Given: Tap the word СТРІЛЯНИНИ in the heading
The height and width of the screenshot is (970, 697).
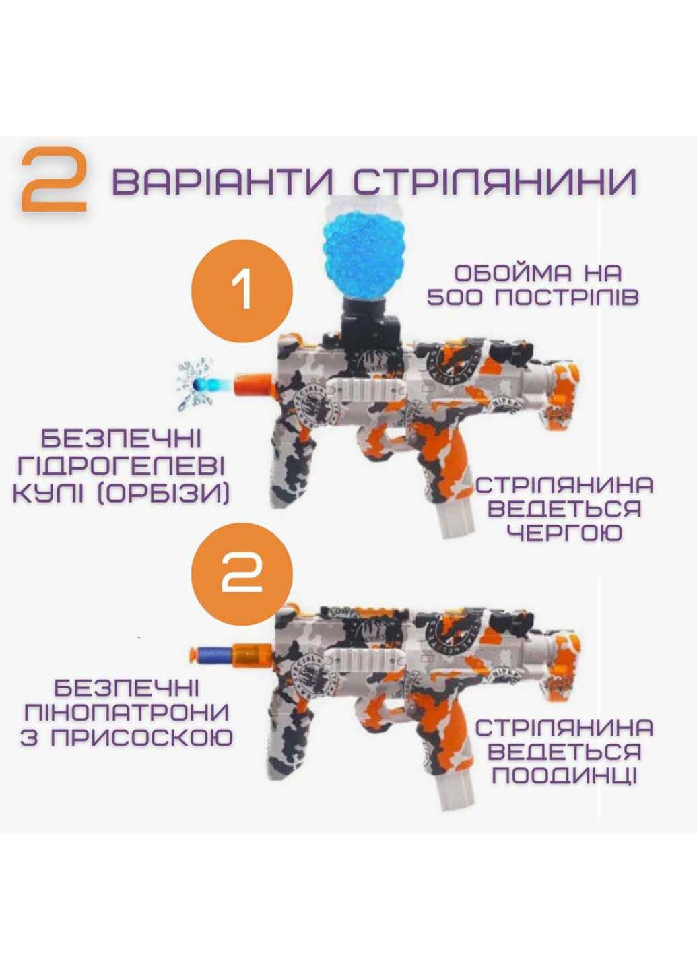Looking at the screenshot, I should [494, 181].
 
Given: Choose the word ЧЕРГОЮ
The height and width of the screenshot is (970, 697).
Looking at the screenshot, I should [564, 533].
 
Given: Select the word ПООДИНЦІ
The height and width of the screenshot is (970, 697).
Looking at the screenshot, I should [564, 775].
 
